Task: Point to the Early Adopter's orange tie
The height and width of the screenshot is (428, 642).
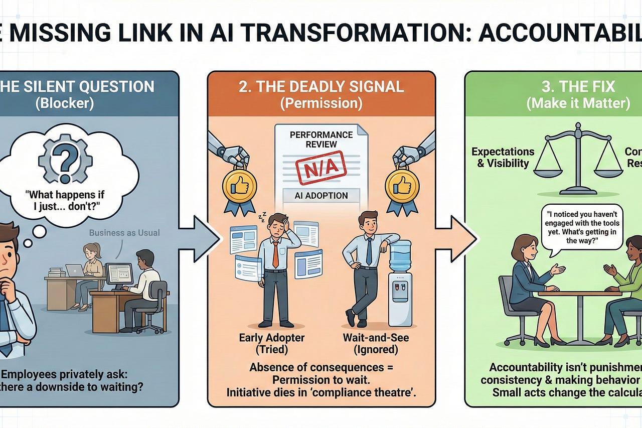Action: point(275,253)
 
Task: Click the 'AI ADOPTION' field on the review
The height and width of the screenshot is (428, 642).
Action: point(322,196)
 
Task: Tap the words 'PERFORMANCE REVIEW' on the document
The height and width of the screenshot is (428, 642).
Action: point(321,140)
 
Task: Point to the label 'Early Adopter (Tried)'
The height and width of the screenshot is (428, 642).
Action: point(271,344)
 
